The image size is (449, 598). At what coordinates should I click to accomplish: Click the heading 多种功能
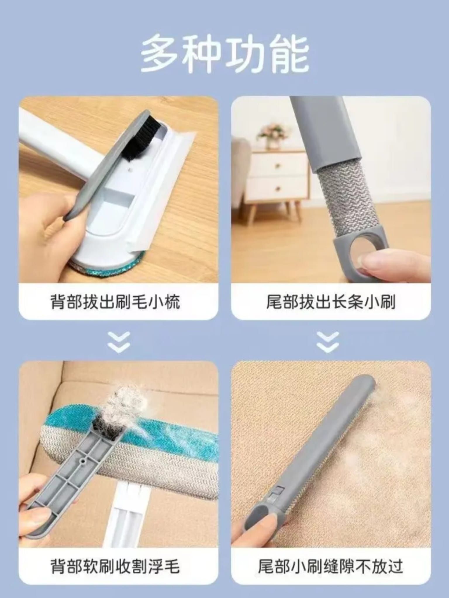(x=225, y=54)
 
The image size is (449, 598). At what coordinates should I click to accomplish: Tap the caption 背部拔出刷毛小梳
(x=115, y=301)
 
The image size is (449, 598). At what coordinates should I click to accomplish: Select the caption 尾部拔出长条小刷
(x=331, y=301)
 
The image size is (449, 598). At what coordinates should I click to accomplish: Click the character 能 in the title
(x=289, y=54)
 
